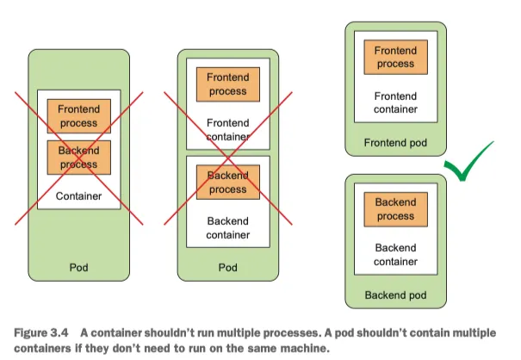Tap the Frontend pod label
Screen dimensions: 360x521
(395, 142)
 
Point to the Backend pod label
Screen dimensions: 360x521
(395, 295)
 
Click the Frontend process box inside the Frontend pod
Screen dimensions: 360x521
(395, 57)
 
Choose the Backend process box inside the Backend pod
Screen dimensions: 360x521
(395, 209)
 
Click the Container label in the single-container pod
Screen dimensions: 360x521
(79, 196)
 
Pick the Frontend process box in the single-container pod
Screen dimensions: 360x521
(79, 116)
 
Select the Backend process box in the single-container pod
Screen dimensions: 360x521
(79, 157)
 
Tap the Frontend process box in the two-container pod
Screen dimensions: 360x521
(228, 83)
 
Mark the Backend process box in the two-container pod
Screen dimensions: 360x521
(228, 182)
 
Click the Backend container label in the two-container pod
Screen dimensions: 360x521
(228, 227)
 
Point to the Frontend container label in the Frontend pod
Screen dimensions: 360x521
(395, 102)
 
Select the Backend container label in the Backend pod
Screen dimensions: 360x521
(395, 255)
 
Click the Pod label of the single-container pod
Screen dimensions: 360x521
(79, 267)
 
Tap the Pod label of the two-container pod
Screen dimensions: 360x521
(228, 267)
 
